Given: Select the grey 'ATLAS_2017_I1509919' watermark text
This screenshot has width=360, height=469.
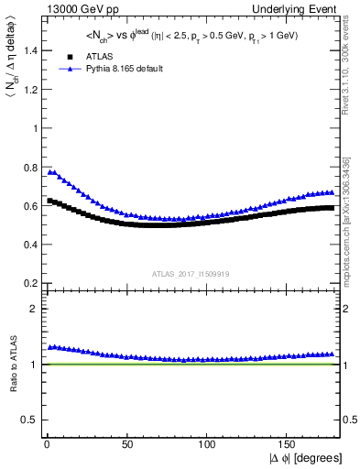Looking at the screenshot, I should click(x=191, y=273).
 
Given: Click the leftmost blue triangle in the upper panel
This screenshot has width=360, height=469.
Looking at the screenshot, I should click(x=49, y=171).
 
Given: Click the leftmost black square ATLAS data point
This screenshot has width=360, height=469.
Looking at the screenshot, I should click(x=49, y=201).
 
